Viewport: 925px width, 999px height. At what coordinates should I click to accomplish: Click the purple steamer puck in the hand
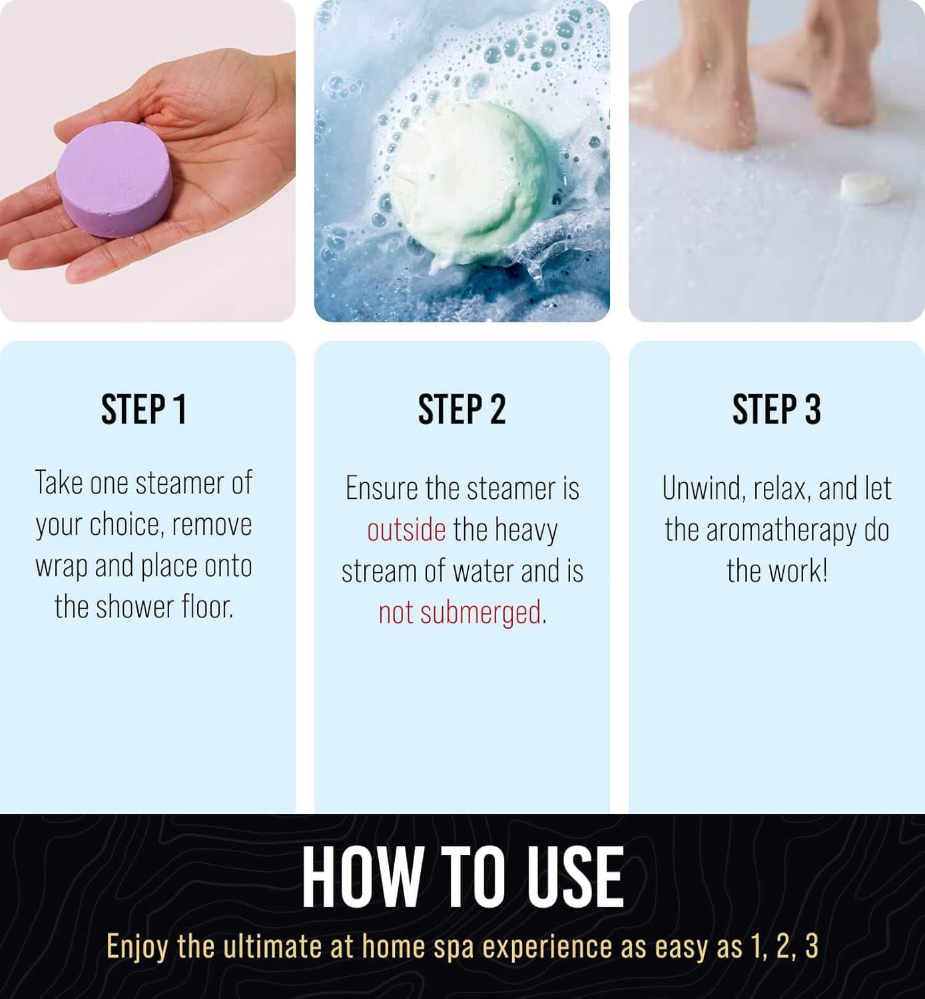(114, 180)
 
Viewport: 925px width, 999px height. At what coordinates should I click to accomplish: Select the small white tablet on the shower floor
(864, 188)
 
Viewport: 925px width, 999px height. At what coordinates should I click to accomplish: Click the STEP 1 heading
(144, 410)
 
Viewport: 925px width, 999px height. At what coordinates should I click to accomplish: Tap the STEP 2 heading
(462, 410)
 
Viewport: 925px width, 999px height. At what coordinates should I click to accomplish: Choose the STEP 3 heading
(776, 410)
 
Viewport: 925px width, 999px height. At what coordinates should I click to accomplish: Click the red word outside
(406, 530)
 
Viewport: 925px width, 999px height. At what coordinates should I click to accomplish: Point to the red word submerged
(480, 613)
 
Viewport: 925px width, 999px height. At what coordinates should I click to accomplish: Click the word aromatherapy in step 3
(781, 531)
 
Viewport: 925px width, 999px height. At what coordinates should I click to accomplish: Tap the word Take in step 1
(59, 482)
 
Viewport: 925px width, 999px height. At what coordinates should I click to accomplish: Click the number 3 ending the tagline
(812, 946)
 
